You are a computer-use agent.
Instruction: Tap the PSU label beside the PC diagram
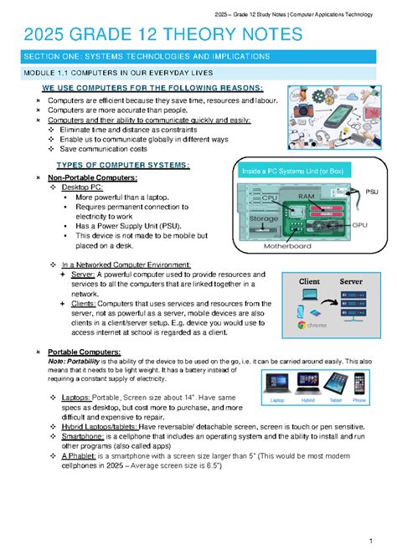(x=371, y=192)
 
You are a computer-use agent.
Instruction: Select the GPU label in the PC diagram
(x=359, y=224)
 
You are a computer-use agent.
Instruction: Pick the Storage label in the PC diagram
(x=262, y=218)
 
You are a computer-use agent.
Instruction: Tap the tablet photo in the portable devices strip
(x=336, y=384)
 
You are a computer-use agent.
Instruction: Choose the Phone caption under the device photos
(x=359, y=400)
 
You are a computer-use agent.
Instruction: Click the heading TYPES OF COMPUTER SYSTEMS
(x=121, y=165)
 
